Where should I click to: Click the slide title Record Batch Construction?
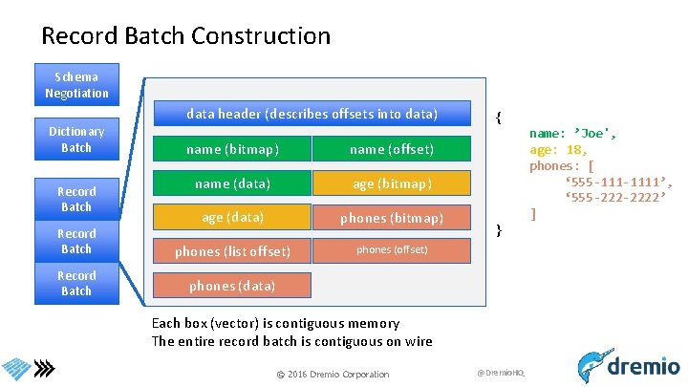pos(185,36)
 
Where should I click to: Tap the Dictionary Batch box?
pos(76,139)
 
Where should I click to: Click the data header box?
pos(312,114)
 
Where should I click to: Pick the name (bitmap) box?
pos(232,149)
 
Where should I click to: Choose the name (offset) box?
pos(392,149)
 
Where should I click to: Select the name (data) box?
pos(232,183)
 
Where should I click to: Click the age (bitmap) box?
pos(392,183)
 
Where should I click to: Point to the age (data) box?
pos(232,217)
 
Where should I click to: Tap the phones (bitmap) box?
pos(392,218)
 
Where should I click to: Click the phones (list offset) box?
pos(232,251)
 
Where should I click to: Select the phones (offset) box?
pos(392,250)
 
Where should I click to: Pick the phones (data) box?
pos(232,286)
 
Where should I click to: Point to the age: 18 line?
pos(558,149)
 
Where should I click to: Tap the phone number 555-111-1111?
pos(619,182)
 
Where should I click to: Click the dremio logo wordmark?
pos(641,366)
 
